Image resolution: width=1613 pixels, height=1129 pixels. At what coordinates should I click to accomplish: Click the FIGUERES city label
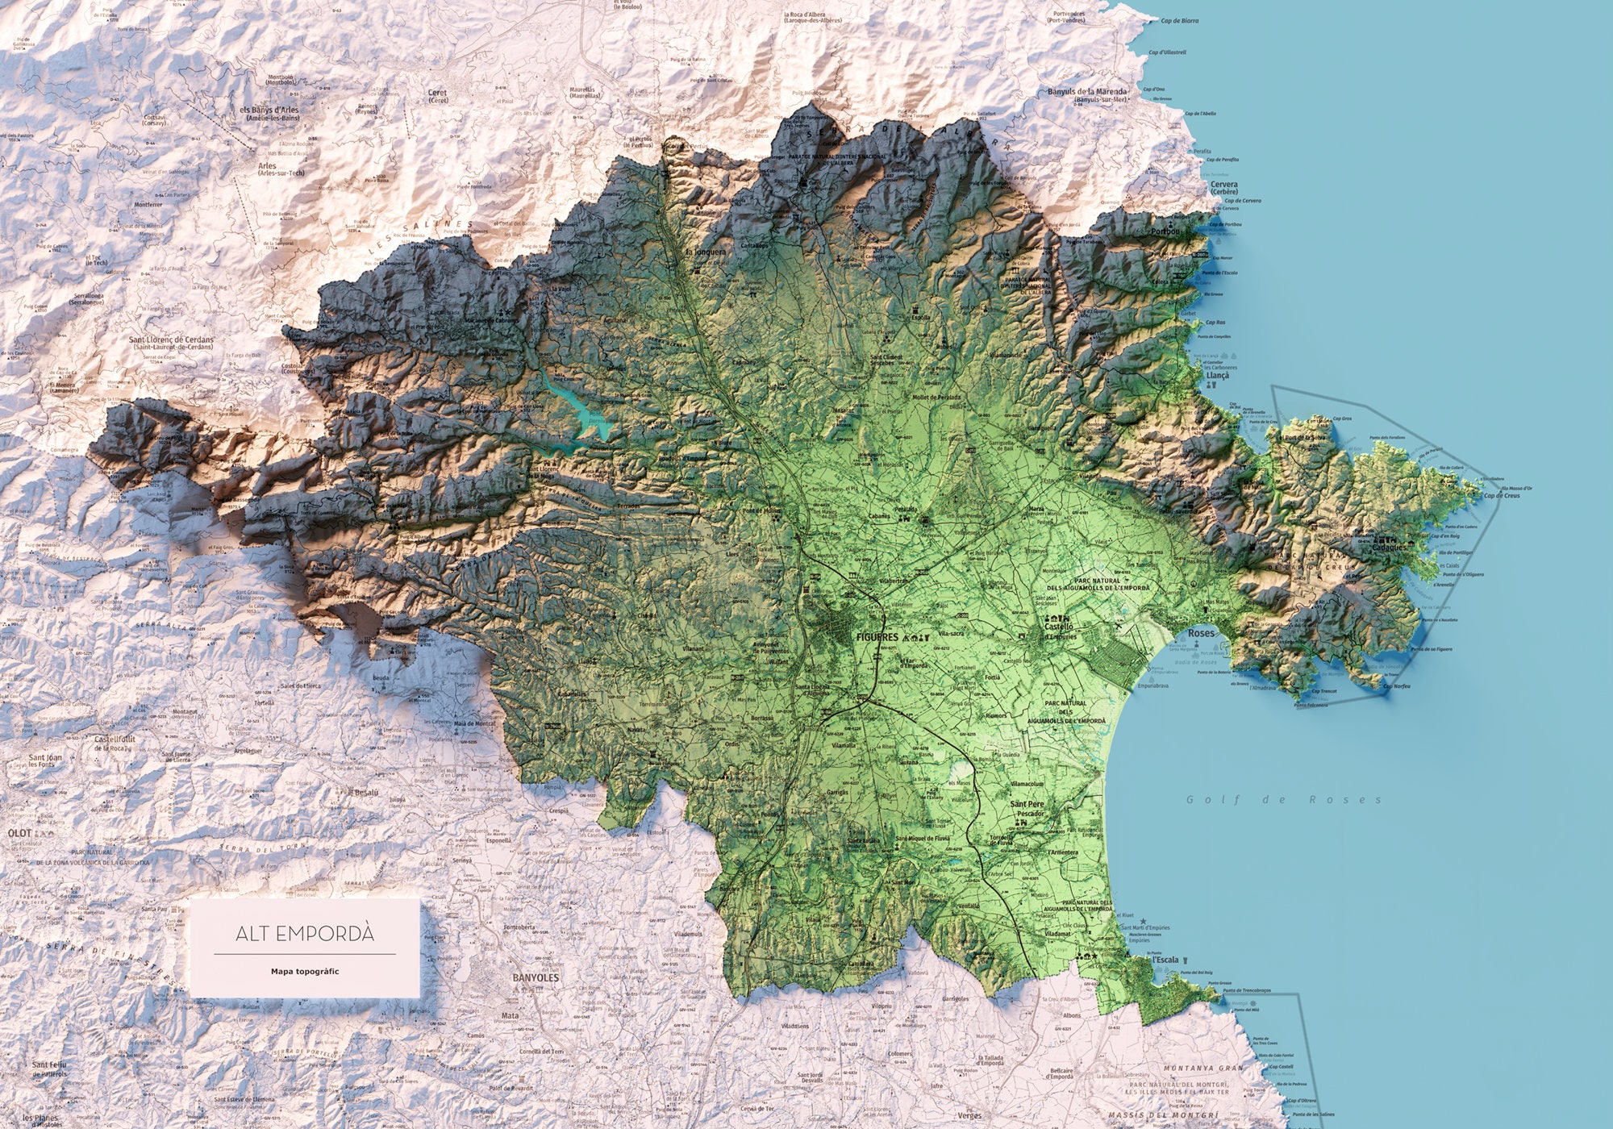(876, 637)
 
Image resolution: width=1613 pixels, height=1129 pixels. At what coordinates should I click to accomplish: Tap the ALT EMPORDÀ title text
(305, 934)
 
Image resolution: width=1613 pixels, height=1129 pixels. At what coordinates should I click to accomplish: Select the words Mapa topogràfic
(305, 971)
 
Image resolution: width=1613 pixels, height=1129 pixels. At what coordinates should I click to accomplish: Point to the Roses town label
(1202, 634)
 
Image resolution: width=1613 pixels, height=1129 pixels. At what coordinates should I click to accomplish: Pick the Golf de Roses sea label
(1282, 800)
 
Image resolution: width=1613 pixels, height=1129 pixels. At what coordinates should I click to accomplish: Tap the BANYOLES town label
(536, 977)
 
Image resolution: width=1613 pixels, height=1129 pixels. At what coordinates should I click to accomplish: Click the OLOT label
(19, 832)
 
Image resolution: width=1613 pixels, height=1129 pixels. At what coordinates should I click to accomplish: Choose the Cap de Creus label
(1502, 495)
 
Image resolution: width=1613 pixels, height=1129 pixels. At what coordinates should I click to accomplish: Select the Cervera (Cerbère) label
(1224, 189)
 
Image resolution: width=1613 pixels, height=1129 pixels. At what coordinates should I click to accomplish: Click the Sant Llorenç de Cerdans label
(172, 340)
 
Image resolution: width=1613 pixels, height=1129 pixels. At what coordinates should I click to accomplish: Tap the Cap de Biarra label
(1179, 21)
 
